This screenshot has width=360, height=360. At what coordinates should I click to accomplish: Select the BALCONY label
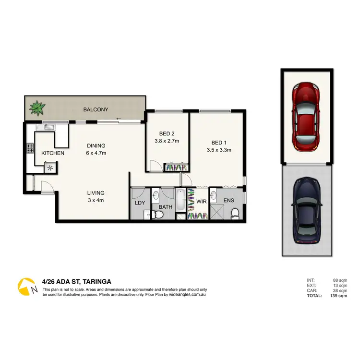[96, 110]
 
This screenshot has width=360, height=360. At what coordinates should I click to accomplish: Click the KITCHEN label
[53, 153]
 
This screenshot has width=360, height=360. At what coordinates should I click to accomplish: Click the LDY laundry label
[140, 202]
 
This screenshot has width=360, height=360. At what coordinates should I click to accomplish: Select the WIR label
[201, 202]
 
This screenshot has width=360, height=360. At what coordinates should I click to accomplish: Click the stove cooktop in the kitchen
[30, 148]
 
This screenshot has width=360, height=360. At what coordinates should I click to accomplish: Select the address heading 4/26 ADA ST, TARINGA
[77, 282]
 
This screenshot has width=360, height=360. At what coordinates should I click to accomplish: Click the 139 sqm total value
[339, 295]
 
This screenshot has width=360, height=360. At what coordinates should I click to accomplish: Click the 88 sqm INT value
[340, 280]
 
